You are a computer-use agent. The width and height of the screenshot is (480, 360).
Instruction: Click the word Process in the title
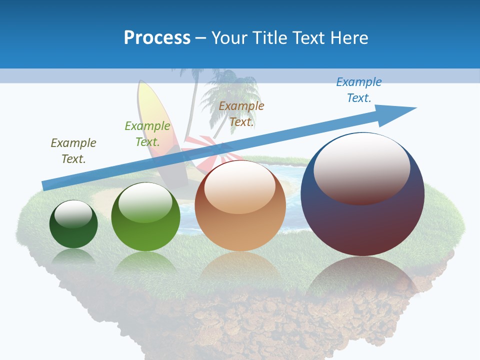click(x=157, y=37)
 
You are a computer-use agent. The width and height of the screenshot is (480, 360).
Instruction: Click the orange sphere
click(x=240, y=220)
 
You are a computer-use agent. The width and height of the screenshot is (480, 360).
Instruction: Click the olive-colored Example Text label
click(x=73, y=150)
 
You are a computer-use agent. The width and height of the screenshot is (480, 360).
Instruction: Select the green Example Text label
click(x=147, y=133)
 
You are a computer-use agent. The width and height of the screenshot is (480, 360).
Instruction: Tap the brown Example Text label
click(x=241, y=113)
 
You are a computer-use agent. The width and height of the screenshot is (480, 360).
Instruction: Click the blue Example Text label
click(x=359, y=89)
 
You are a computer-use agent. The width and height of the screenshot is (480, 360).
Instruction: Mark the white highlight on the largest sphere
click(x=361, y=167)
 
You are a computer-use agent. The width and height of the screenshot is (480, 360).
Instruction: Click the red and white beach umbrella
click(x=202, y=150)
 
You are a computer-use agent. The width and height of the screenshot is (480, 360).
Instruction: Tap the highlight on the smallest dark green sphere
click(x=73, y=214)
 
